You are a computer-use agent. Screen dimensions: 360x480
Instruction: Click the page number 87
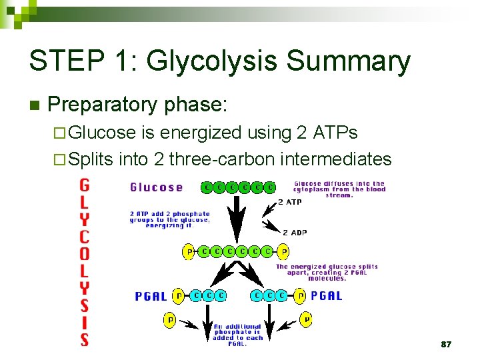point(446,344)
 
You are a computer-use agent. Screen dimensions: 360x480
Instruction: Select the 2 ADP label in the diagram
point(294,232)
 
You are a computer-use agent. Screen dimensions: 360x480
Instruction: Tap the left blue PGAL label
point(151,296)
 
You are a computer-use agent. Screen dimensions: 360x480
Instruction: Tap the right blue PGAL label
point(327,295)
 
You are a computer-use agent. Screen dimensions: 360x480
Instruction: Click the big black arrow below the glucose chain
point(235,220)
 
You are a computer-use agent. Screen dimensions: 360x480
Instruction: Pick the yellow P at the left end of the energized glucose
point(189,252)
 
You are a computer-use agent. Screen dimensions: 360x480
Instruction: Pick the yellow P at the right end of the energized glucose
point(285,252)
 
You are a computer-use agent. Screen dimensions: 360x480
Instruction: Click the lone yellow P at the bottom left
point(170,321)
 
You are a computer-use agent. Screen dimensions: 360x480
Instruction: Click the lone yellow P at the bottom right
point(305,321)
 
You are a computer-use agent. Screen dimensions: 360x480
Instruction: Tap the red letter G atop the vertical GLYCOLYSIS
point(85,185)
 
